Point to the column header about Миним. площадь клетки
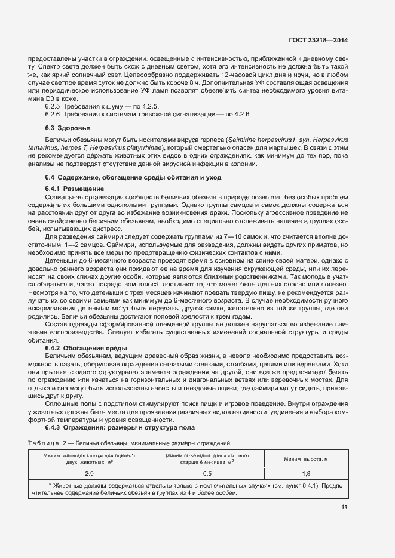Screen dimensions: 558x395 click(90, 458)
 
